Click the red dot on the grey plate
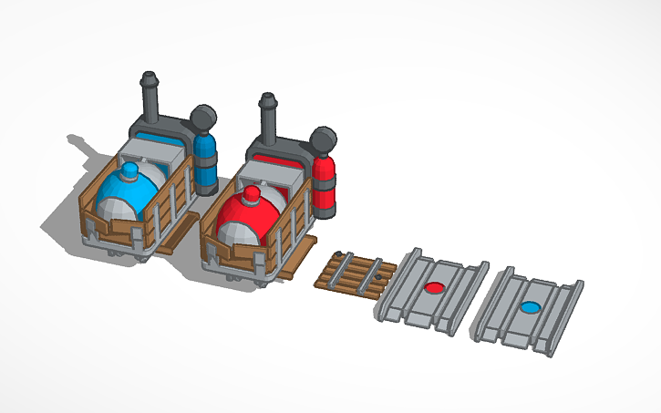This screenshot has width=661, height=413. pos(435,289)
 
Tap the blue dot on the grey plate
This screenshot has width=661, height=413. pos(529,307)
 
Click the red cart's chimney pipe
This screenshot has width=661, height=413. pos(268,116)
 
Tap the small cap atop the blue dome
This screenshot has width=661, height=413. pos(130,170)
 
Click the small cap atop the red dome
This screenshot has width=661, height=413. pos(250,194)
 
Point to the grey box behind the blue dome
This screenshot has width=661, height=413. pos(155,155)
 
